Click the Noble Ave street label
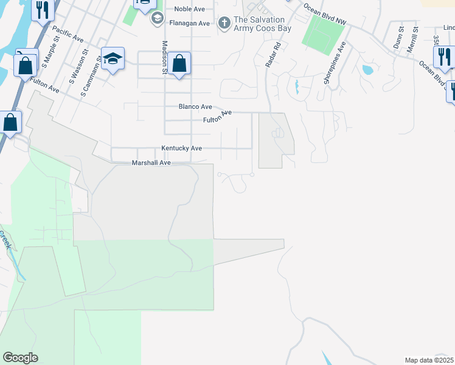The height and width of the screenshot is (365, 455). click(189, 9)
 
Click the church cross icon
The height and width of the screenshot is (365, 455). click(224, 23)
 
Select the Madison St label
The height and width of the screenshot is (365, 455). click(164, 57)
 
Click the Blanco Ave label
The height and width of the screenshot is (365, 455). click(195, 106)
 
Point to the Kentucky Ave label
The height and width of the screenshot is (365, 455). click(181, 148)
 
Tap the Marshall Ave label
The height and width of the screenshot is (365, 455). click(151, 163)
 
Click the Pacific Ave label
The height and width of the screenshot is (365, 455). click(68, 33)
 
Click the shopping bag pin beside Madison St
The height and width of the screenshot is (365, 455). click(179, 64)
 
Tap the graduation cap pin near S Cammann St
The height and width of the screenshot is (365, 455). click(113, 59)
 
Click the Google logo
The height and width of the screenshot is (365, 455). click(20, 358)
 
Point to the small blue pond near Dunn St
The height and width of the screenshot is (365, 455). click(367, 69)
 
